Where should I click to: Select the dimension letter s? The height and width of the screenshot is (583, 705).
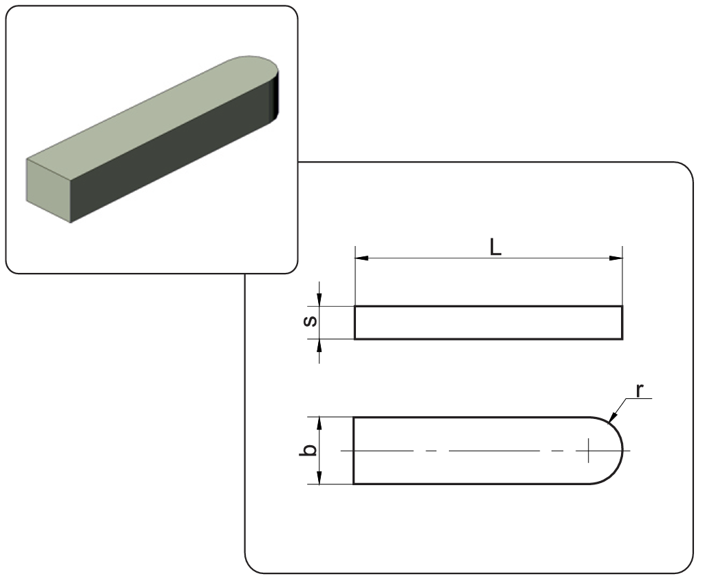point(311,322)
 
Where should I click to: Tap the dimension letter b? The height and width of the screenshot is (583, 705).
point(311,450)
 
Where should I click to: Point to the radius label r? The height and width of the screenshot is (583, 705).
point(639,390)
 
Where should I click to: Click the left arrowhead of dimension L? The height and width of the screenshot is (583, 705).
point(360,258)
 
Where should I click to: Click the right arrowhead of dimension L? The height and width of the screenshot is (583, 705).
point(617,258)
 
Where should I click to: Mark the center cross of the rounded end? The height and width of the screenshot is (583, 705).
point(589,450)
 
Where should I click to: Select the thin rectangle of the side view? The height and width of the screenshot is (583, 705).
point(488,323)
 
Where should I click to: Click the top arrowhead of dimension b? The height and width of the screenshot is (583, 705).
point(319,422)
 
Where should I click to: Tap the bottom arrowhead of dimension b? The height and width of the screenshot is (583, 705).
point(319,478)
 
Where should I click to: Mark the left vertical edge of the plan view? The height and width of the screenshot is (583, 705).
point(354,450)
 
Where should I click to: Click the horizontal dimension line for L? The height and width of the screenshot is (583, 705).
point(427,258)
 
